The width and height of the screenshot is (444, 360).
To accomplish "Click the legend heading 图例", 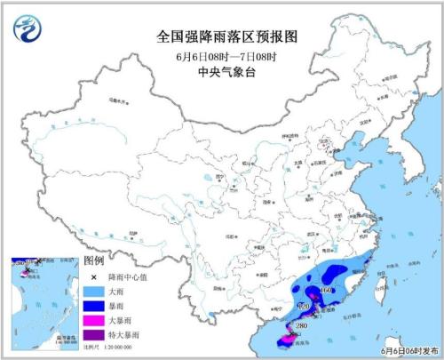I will pyautogui.click(x=94, y=260).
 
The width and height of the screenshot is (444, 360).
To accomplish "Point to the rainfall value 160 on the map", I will pyautogui.click(x=327, y=290).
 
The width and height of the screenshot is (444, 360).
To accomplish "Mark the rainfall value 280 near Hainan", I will pyautogui.click(x=300, y=326).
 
